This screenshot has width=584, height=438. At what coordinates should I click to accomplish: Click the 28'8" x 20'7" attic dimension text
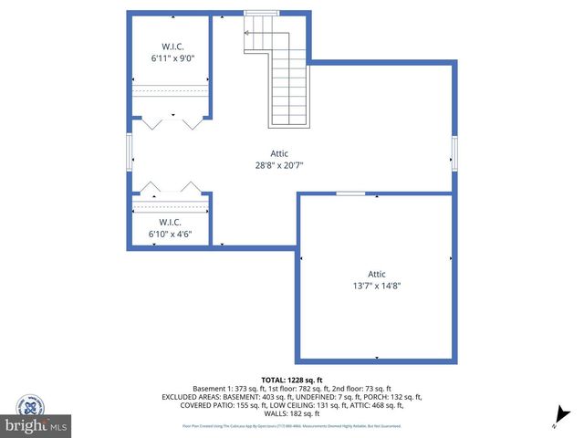(x=279, y=165)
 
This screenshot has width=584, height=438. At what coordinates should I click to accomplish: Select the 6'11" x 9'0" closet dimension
(x=173, y=57)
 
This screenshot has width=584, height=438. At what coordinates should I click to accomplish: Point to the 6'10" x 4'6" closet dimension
(x=170, y=234)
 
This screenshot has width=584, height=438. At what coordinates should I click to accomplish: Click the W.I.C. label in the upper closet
(x=173, y=46)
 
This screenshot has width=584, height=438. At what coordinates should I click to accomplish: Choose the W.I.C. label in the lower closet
(x=170, y=222)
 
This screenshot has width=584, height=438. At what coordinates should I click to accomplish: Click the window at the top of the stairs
(x=261, y=13)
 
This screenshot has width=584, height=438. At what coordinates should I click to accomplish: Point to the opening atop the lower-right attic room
(x=350, y=193)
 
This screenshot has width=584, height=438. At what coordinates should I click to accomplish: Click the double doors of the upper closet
(x=172, y=121)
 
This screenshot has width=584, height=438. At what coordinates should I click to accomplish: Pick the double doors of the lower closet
(x=171, y=188)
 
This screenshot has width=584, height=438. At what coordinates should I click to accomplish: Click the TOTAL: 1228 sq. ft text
(x=292, y=379)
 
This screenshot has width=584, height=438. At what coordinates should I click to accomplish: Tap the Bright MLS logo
(x=36, y=425)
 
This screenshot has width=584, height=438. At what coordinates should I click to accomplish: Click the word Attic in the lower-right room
(x=377, y=273)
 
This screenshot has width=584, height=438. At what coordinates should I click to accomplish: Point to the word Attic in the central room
(x=279, y=153)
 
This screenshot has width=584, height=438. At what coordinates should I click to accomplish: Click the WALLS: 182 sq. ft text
(x=292, y=413)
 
